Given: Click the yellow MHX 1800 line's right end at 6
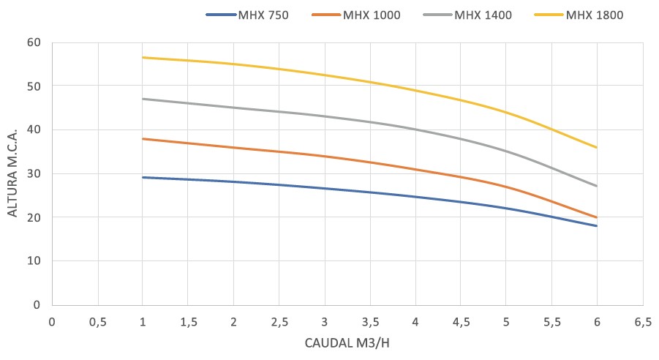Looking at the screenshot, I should [597, 148].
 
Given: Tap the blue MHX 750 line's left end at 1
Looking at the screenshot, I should [143, 177].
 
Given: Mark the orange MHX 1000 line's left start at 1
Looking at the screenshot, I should [143, 138].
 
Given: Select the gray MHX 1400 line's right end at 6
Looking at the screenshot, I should [597, 186].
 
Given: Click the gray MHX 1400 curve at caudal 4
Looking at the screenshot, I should [415, 130].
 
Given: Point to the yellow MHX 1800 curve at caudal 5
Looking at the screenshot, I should [506, 112].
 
